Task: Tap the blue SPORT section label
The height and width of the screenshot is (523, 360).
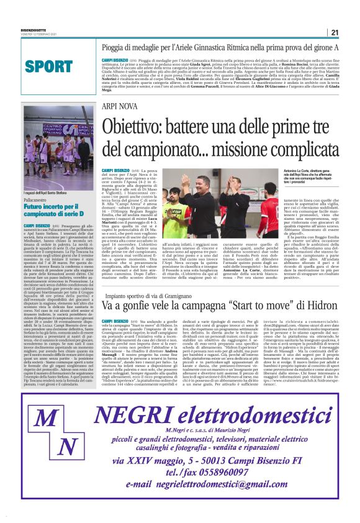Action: (x=49, y=66)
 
